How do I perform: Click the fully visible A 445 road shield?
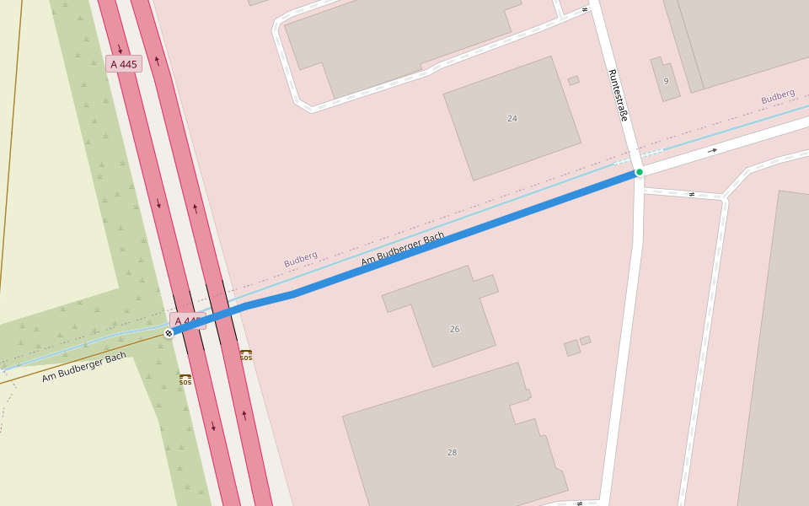(x=124, y=64)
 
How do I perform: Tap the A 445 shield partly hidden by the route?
(x=188, y=320)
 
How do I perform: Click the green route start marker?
(x=640, y=172)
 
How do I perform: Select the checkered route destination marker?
(x=169, y=333)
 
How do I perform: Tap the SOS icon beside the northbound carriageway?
(x=245, y=355)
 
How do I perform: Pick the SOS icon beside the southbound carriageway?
(x=185, y=379)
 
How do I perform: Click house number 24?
(x=512, y=118)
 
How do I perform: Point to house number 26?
(x=454, y=329)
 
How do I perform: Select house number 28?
(x=452, y=453)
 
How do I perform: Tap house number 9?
(x=666, y=81)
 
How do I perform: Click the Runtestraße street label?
(x=618, y=94)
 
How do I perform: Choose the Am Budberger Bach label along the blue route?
(x=402, y=249)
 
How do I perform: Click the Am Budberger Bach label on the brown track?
(x=84, y=367)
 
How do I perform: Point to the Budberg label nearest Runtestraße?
(x=778, y=96)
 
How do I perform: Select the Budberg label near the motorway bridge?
(x=300, y=260)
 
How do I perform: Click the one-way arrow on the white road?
(x=713, y=150)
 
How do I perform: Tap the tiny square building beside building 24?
(x=573, y=81)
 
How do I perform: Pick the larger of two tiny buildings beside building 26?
(x=572, y=347)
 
